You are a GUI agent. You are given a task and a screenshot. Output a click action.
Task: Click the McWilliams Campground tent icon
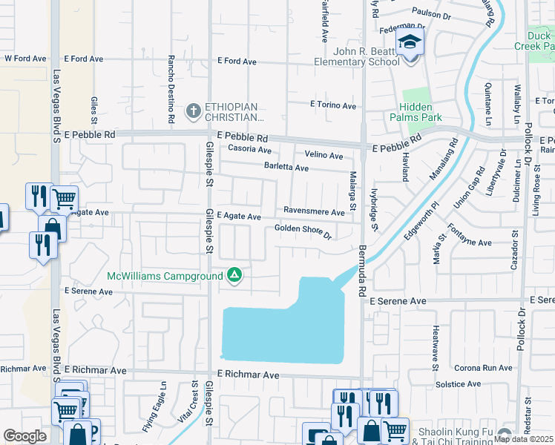coord(234,276)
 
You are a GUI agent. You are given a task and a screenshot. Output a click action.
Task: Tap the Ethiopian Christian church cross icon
coord(193,111)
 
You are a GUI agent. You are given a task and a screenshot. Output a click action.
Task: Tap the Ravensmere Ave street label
coord(314,211)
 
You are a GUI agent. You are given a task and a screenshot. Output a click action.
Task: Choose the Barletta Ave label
coord(286,168)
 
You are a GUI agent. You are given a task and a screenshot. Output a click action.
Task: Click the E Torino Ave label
coord(333,106)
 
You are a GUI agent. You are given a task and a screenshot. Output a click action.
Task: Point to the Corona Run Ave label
coord(483,368)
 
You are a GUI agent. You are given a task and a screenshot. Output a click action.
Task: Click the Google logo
coord(24,435)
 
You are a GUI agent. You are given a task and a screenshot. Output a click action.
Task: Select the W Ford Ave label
coord(25,58)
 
